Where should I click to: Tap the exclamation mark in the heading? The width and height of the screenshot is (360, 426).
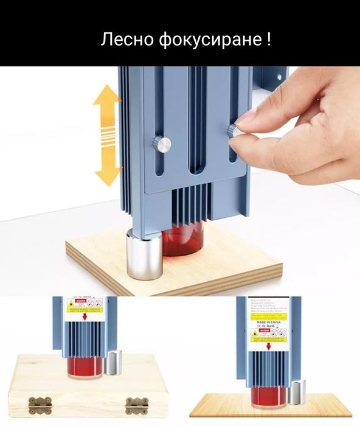pos(268,41)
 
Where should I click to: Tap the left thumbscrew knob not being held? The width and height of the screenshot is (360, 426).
pos(162,144)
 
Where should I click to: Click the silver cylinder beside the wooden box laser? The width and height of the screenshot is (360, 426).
pos(113,364)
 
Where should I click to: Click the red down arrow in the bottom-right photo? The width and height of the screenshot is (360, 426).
pos(268,346)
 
